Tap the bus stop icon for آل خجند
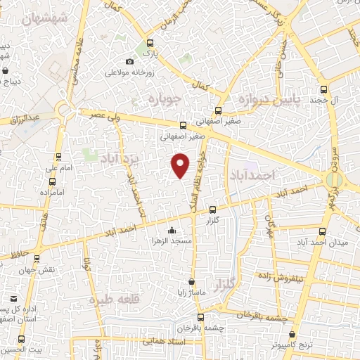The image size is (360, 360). [x=323, y=89]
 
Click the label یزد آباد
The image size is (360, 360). [x=120, y=156]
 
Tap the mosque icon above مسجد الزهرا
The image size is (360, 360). [x=172, y=230]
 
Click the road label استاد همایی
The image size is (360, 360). [x=163, y=340]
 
